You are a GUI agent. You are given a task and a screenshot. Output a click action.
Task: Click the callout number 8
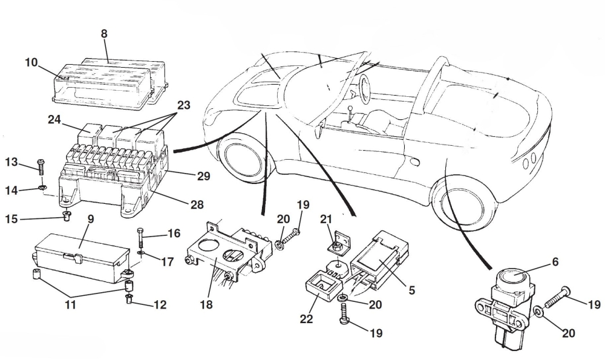pyautogui.click(x=104, y=34)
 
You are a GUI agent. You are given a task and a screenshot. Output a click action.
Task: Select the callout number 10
pyautogui.click(x=31, y=62)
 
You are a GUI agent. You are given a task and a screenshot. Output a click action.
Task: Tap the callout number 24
pyautogui.click(x=54, y=120)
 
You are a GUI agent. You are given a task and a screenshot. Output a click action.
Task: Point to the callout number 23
pyautogui.click(x=183, y=105)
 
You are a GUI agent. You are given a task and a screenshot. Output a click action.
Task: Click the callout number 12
pyautogui.click(x=159, y=305)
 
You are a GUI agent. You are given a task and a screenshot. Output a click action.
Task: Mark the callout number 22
pyautogui.click(x=307, y=318)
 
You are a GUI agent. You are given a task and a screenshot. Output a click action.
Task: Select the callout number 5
pyautogui.click(x=411, y=290)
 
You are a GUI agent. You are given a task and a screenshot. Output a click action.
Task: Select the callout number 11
pyautogui.click(x=71, y=305)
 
